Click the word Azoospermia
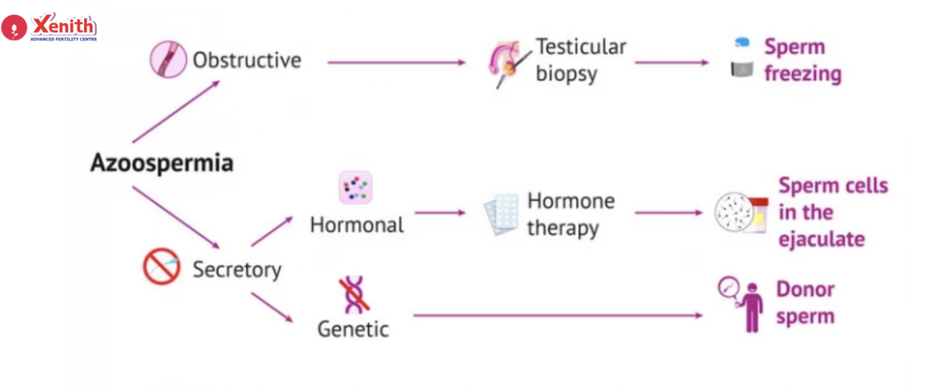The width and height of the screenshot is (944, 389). (x=161, y=163)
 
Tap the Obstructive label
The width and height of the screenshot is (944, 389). (x=246, y=61)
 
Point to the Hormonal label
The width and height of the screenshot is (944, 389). (x=357, y=224)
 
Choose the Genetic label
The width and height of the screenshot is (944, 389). (x=353, y=328)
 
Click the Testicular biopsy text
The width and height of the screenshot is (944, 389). (x=581, y=60)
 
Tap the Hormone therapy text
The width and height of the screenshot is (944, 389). (x=571, y=214)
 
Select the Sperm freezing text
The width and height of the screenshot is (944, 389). (x=802, y=60)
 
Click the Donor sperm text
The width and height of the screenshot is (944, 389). (x=805, y=302)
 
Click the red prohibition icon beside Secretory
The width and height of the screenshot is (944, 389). (x=159, y=267)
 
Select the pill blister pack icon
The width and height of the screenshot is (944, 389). (x=501, y=215)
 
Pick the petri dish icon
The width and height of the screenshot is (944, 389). (x=735, y=213)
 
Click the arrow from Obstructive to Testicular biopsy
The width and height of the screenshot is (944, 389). (x=396, y=62)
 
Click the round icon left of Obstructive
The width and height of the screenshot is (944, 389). (x=168, y=59)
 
